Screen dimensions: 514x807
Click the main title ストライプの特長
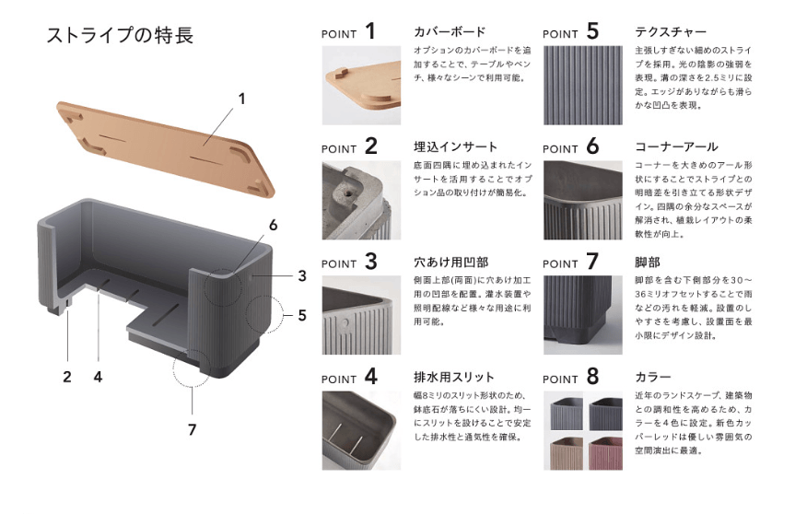point(119,36)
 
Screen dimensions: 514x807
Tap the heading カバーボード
point(450,32)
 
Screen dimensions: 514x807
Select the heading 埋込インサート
point(456,146)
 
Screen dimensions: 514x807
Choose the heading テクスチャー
point(671,32)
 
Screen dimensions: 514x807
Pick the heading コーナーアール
point(676,146)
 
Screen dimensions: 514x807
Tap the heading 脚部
point(649,262)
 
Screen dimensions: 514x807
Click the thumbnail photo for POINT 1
point(361,84)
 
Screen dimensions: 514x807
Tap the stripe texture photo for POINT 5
point(582,84)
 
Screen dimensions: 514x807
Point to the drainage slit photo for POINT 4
point(361,430)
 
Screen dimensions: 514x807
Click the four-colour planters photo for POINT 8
point(582,430)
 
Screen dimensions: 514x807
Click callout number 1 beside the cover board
point(242,97)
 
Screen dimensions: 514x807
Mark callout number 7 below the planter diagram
point(192,428)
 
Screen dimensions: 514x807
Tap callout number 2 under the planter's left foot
point(66,376)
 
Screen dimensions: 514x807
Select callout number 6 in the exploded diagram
point(273,225)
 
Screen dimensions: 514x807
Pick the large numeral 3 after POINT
point(369,262)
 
